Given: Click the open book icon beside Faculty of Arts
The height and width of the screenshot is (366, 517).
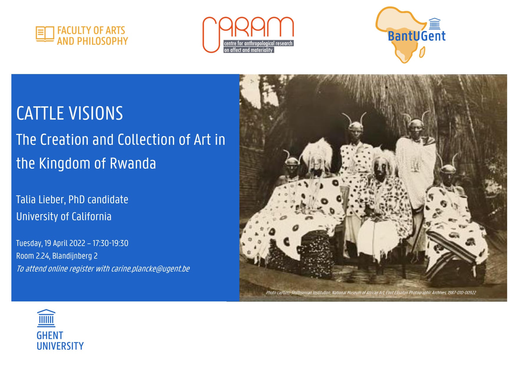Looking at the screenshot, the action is pyautogui.click(x=45, y=34).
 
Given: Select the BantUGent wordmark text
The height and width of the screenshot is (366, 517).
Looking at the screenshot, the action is pyautogui.click(x=417, y=36).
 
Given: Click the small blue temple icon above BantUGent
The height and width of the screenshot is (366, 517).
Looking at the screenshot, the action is pyautogui.click(x=435, y=24).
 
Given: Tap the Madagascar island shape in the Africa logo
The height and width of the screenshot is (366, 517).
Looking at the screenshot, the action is pyautogui.click(x=422, y=53).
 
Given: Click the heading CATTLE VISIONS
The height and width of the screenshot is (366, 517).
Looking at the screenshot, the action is pyautogui.click(x=70, y=113).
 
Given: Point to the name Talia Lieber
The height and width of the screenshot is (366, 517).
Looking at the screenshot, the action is pyautogui.click(x=40, y=200).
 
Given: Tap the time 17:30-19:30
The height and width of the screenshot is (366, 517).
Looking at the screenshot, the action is pyautogui.click(x=110, y=243).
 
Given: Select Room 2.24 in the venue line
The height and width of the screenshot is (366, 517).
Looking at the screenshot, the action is pyautogui.click(x=33, y=256).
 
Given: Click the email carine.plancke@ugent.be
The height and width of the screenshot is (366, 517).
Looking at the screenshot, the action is pyautogui.click(x=150, y=269).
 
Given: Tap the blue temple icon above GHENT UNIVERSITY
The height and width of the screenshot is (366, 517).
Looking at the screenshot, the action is pyautogui.click(x=46, y=318).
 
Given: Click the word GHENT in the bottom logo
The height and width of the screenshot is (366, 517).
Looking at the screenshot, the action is pyautogui.click(x=50, y=336).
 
